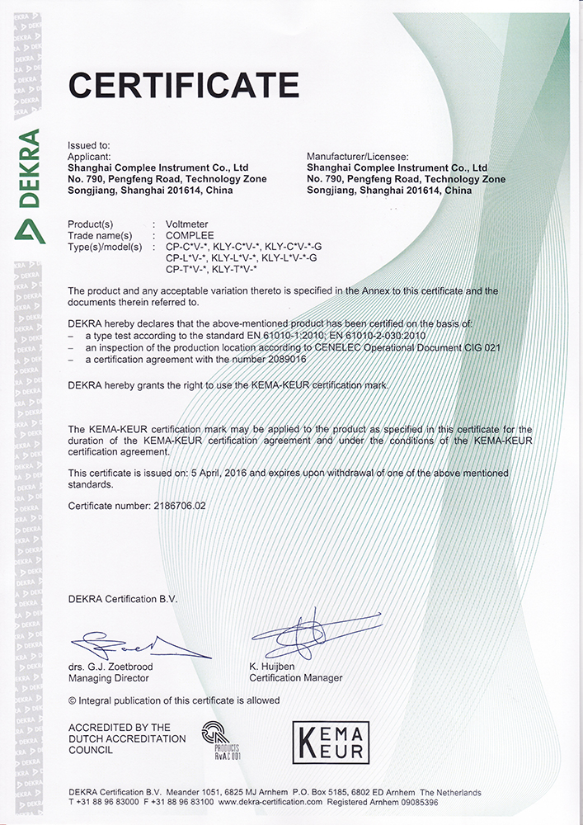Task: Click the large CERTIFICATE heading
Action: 183,85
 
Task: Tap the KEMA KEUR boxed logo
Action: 330,742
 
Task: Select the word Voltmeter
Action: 187,224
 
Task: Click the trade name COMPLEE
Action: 190,235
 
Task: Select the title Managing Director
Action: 110,678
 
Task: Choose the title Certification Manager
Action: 295,678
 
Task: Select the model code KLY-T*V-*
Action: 235,269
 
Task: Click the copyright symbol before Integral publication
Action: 72,700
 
